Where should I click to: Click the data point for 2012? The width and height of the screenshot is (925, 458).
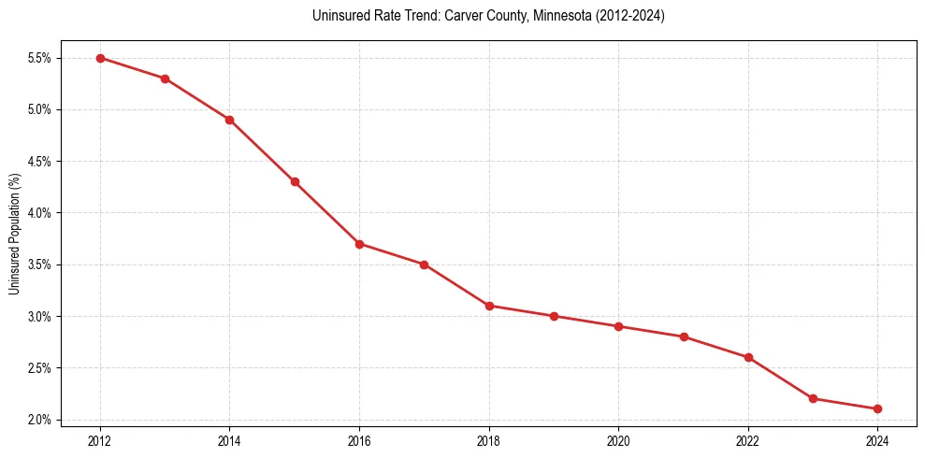coord(100,58)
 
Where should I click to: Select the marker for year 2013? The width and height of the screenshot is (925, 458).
coord(165,79)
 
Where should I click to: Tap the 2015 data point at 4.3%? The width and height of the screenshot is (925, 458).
coord(295,181)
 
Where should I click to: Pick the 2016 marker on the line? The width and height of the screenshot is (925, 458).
coord(359,244)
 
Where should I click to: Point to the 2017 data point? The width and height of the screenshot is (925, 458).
coord(424,265)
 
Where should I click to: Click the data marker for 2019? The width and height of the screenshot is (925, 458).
coord(554,316)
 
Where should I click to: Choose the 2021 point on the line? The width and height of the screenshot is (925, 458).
coord(684,336)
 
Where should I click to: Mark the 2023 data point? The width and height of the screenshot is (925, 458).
coord(813,398)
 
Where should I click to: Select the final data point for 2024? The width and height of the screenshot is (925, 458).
coord(877,408)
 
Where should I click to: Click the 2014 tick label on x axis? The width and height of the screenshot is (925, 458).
coord(229,440)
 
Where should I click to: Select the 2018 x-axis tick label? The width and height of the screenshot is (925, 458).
coord(489,440)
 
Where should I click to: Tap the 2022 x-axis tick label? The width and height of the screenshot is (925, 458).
coord(748,440)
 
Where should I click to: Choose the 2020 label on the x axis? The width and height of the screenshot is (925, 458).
coord(618,440)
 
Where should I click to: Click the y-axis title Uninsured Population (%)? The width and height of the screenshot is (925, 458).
coord(14,234)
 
